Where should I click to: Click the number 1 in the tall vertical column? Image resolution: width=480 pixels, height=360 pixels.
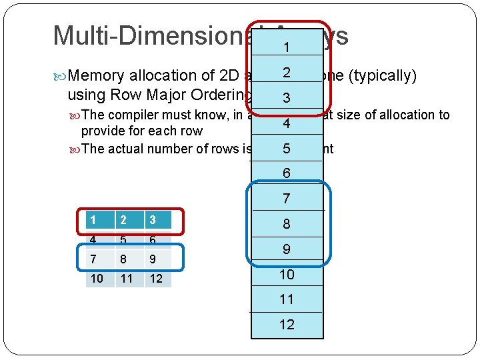287,48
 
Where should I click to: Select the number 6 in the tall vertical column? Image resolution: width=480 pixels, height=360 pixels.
287,173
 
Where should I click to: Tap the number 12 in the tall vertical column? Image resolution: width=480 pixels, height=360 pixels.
287,325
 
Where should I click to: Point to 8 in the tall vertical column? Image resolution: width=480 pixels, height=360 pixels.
287,224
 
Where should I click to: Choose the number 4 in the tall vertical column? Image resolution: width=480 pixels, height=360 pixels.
287,123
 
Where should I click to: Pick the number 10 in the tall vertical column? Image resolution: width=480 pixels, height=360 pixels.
287,274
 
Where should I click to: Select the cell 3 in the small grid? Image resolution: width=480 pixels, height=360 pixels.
156,220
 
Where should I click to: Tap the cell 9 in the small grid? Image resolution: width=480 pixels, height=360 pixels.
156,258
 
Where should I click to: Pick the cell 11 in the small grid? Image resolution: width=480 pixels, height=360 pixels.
127,278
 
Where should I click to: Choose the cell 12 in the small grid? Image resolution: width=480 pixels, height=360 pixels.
156,278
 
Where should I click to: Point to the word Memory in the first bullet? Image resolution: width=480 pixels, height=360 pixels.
99,76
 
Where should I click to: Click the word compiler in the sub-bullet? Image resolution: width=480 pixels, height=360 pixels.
127,115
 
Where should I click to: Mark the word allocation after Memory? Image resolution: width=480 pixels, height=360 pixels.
167,76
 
